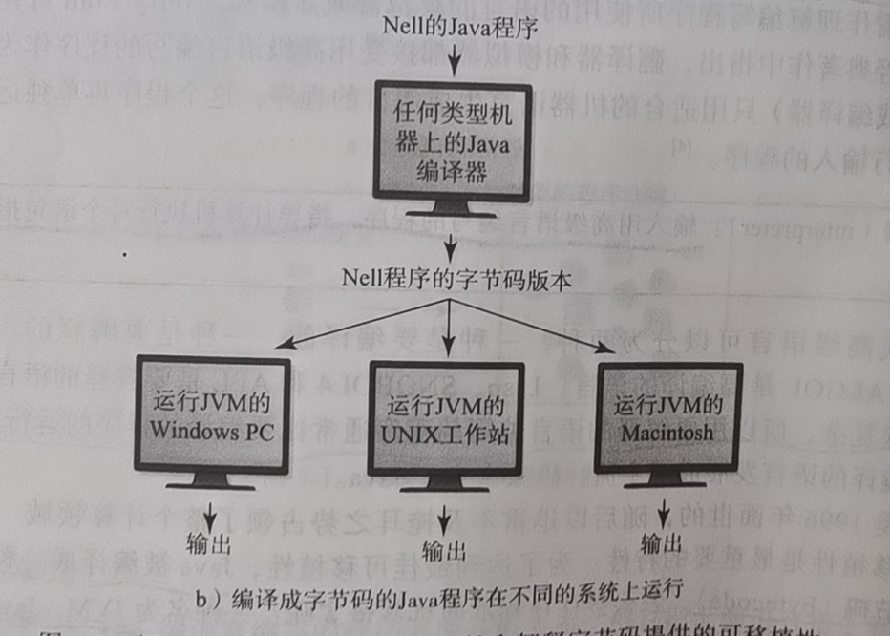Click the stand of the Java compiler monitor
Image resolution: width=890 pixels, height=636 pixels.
[454, 209]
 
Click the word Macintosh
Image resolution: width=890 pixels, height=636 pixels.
[667, 433]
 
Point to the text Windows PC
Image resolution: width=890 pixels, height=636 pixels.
[212, 432]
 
